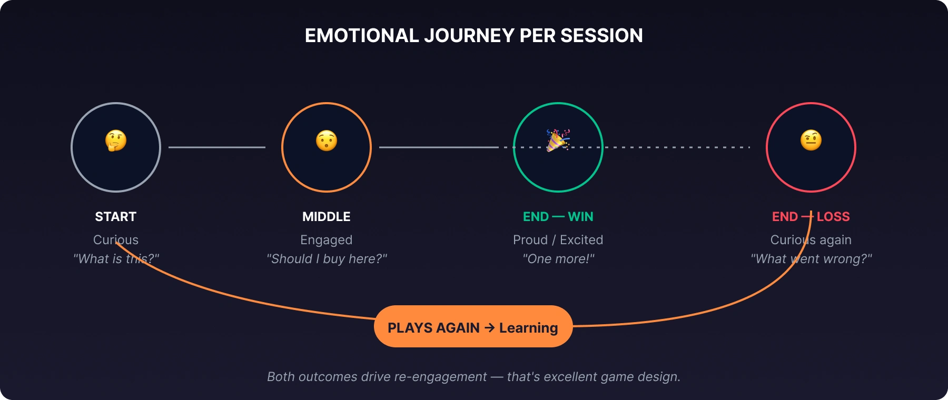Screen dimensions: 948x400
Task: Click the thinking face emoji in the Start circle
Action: point(116,141)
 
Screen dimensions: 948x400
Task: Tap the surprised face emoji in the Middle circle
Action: point(327,141)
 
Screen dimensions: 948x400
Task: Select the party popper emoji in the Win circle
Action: point(558,141)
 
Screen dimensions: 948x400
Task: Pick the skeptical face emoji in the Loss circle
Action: point(811,141)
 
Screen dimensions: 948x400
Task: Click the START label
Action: point(116,216)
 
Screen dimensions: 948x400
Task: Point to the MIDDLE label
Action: point(327,216)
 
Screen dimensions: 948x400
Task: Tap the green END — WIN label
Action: point(558,216)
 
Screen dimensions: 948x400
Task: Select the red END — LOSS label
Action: point(811,216)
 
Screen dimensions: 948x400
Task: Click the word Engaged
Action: point(327,240)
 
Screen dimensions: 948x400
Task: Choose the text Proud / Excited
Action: point(558,240)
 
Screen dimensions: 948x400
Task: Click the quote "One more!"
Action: point(558,259)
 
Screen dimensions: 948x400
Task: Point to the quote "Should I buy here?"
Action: point(327,259)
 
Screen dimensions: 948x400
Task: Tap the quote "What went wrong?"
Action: point(811,259)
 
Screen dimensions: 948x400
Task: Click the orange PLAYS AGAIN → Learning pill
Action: point(473,326)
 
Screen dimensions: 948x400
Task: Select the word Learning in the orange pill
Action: point(529,328)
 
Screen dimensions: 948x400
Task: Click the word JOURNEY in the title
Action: point(469,36)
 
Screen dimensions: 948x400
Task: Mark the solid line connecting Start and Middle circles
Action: point(217,147)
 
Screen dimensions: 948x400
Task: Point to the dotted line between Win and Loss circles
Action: point(677,147)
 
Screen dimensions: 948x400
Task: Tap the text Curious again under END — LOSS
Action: point(811,240)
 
